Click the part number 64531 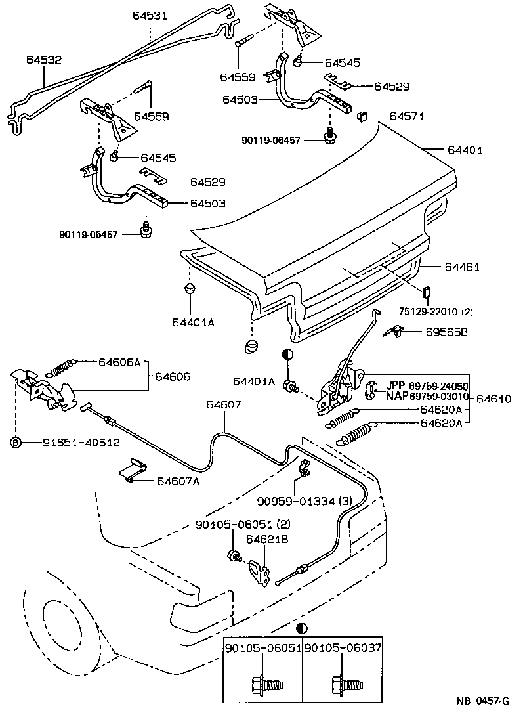(152, 14)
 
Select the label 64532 (44, 60)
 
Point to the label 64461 (462, 267)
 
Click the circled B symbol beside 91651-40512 (15, 443)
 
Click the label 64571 (407, 117)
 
